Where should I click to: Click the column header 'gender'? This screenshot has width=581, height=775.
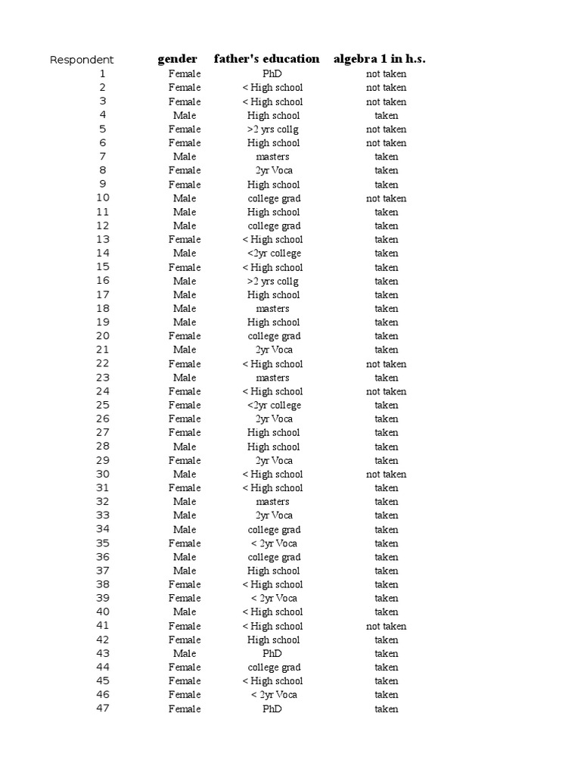pos(177,59)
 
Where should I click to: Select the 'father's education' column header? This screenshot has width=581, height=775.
pos(266,59)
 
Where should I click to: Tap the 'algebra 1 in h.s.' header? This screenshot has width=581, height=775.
pos(379,59)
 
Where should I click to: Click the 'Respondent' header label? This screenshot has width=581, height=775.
pos(82,60)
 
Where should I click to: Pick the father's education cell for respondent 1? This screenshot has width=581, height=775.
pos(272,74)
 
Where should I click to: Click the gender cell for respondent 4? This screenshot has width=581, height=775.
pos(185,115)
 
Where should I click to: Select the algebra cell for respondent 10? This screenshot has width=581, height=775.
pos(386,198)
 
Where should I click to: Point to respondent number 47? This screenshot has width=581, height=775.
pos(103,708)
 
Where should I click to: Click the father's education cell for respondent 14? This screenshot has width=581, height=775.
pos(272,254)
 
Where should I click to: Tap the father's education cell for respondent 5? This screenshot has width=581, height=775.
pos(272,129)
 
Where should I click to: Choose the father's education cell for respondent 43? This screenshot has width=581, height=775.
pos(272,653)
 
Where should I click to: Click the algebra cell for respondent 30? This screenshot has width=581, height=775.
pos(386,475)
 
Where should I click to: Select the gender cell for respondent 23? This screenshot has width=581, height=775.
pos(185,378)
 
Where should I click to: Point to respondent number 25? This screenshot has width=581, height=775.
pos(103,405)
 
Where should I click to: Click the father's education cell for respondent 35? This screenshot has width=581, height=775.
pos(272,543)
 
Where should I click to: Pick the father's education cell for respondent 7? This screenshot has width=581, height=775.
pos(272,157)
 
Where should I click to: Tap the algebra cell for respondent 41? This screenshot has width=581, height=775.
pos(386,626)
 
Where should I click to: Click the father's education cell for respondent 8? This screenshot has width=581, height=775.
pos(272,170)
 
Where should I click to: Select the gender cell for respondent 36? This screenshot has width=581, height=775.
pos(185,557)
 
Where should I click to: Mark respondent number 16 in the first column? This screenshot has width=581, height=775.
pos(103,281)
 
